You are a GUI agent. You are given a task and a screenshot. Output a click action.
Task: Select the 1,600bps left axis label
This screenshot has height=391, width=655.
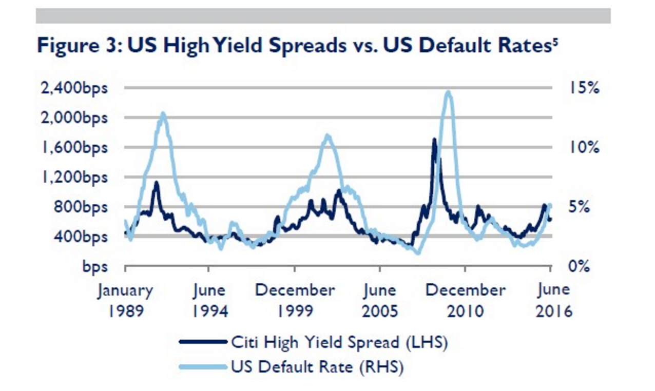point(73,148)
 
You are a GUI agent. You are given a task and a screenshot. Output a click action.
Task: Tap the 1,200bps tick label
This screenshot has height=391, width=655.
point(73,178)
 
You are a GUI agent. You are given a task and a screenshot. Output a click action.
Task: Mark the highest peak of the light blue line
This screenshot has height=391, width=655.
point(448,92)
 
